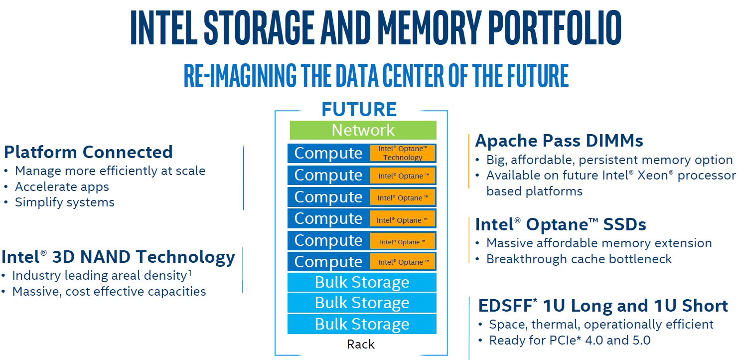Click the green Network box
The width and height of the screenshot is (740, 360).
363,130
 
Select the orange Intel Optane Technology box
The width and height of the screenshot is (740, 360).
403,153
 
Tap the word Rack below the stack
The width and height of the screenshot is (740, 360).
361,344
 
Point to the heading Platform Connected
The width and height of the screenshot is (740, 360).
88,152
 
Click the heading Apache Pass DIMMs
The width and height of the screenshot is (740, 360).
559,141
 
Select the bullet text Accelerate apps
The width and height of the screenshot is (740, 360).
62,186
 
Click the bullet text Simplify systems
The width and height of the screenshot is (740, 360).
64,202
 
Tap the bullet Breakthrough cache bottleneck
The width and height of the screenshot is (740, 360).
579,259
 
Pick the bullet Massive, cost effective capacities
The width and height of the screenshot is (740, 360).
109,291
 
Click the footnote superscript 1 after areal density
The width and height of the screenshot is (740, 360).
190,272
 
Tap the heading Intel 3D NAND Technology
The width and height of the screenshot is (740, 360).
118,257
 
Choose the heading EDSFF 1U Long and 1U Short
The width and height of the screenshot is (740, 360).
603,306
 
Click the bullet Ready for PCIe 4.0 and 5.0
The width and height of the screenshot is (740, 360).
570,341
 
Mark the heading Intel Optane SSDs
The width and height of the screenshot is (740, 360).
561,225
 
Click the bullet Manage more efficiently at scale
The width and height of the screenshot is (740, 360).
110,171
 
